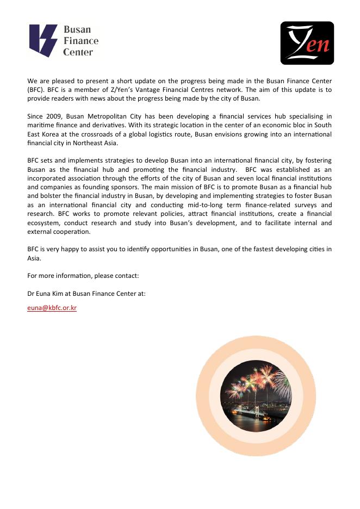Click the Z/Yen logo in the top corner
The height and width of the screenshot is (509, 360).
(307, 43)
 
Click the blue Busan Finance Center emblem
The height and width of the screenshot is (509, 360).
(43, 41)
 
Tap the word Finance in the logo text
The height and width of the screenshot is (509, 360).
(81, 41)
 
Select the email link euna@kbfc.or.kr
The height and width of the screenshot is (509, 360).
(52, 307)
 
